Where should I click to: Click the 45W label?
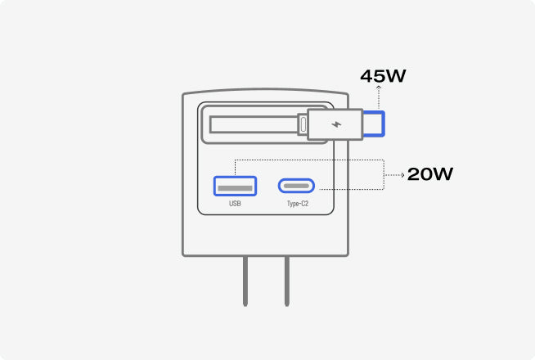(383, 76)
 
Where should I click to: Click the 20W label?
(430, 174)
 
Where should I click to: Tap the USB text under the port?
(235, 204)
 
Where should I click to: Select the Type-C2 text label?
(298, 204)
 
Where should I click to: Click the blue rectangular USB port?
(235, 186)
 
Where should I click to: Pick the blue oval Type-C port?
(296, 186)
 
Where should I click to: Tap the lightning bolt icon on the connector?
(336, 124)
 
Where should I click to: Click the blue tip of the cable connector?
(375, 124)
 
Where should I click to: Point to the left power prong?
(245, 281)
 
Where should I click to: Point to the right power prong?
(287, 281)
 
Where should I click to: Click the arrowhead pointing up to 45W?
(379, 88)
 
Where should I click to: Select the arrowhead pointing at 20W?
(402, 175)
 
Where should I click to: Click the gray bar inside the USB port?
(235, 188)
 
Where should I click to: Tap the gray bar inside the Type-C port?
(296, 186)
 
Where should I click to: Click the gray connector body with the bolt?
(335, 124)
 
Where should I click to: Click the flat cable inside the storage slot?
(254, 124)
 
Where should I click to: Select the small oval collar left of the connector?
(303, 124)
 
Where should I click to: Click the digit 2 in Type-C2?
(307, 204)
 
